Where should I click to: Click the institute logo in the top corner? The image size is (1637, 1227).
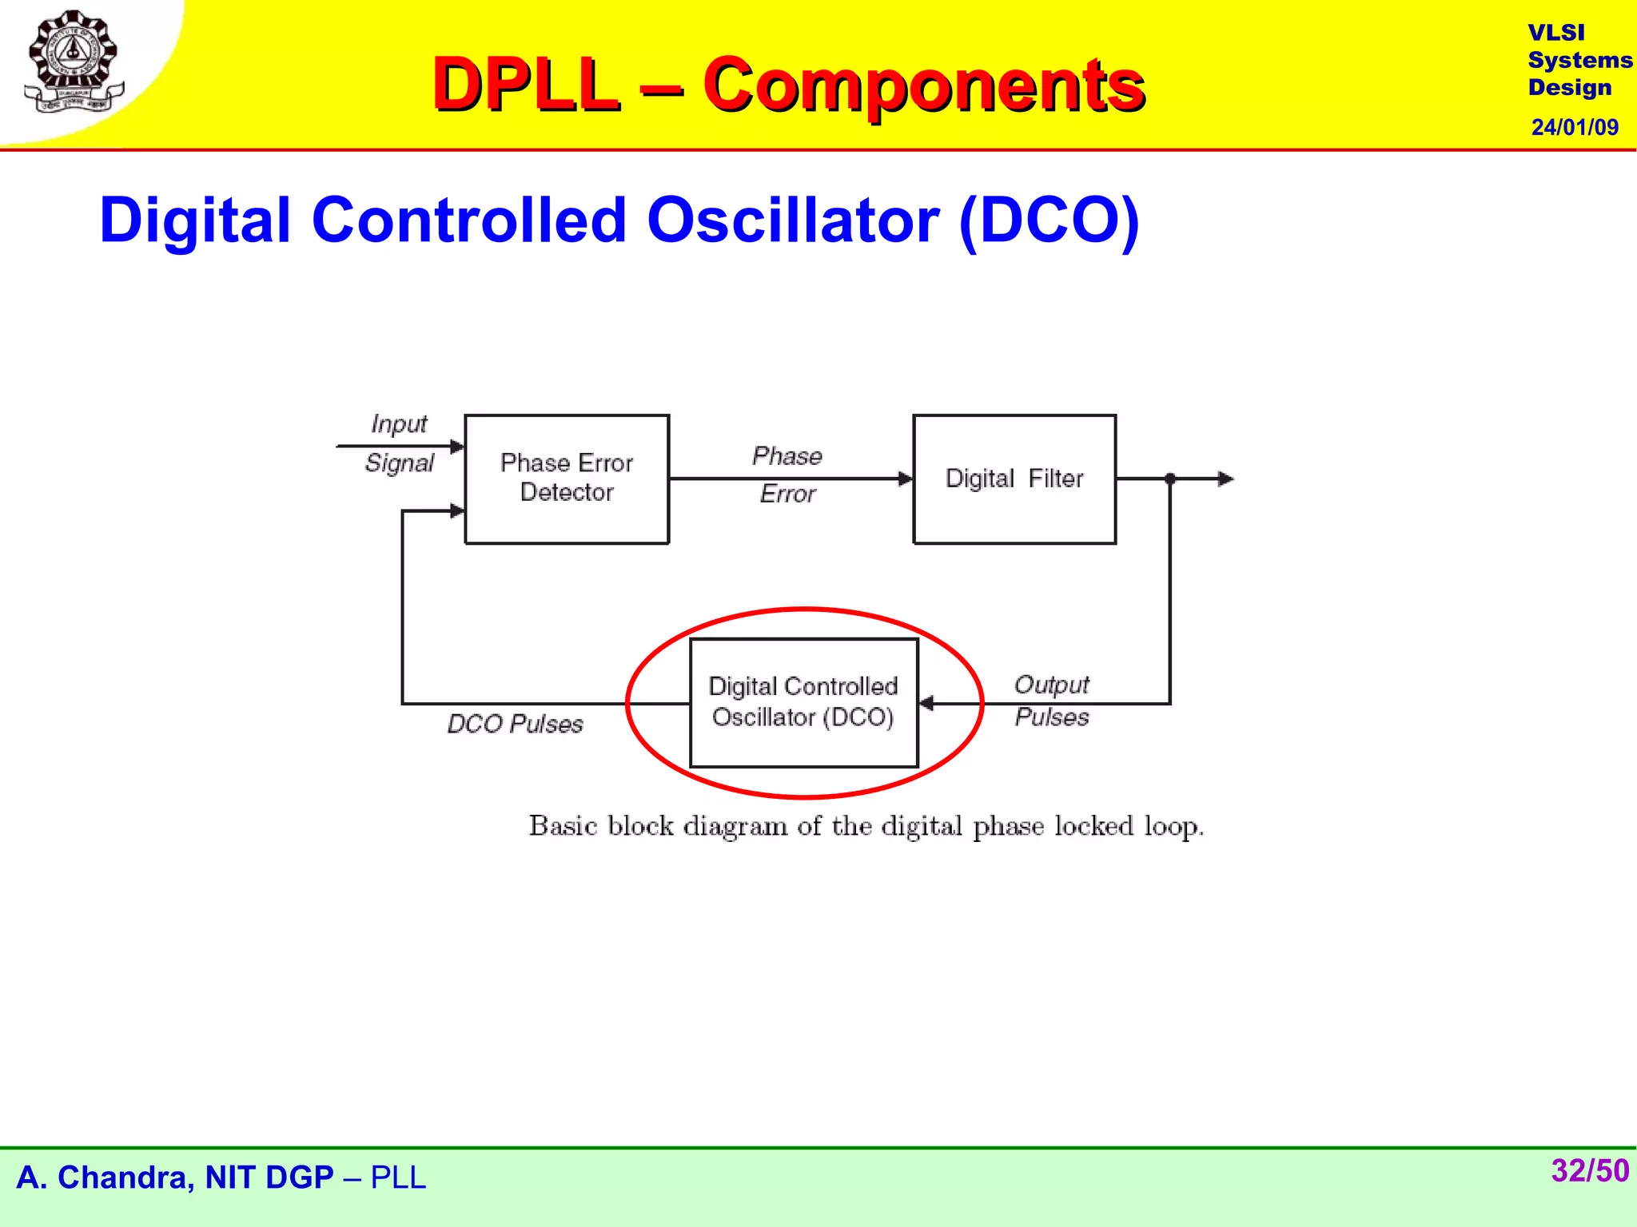pos(74,62)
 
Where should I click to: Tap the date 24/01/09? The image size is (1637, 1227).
pos(1574,127)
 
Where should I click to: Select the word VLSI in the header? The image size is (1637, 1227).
pos(1555,33)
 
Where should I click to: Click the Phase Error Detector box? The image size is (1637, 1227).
pos(567,478)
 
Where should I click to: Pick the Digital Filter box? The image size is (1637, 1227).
pos(1014,478)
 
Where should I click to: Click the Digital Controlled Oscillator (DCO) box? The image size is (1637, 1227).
pos(803,702)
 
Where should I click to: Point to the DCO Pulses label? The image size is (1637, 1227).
pos(515,724)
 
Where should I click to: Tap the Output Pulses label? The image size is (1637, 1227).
pos(1051,701)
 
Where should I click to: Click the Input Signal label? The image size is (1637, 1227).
pos(399,443)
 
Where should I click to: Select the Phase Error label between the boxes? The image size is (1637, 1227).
pos(787,475)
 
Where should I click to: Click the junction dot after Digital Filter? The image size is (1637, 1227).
pos(1170,478)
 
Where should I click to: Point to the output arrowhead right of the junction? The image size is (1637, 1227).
pos(1226,478)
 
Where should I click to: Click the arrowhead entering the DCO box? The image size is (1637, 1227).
pos(926,703)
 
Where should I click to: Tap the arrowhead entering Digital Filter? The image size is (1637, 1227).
pos(905,478)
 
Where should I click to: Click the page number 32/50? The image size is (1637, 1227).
pos(1589,1170)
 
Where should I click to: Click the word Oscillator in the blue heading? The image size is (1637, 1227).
pos(792,220)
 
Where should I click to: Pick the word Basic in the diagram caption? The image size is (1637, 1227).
pos(563,825)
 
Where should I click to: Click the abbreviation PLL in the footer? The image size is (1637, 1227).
pos(398,1177)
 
